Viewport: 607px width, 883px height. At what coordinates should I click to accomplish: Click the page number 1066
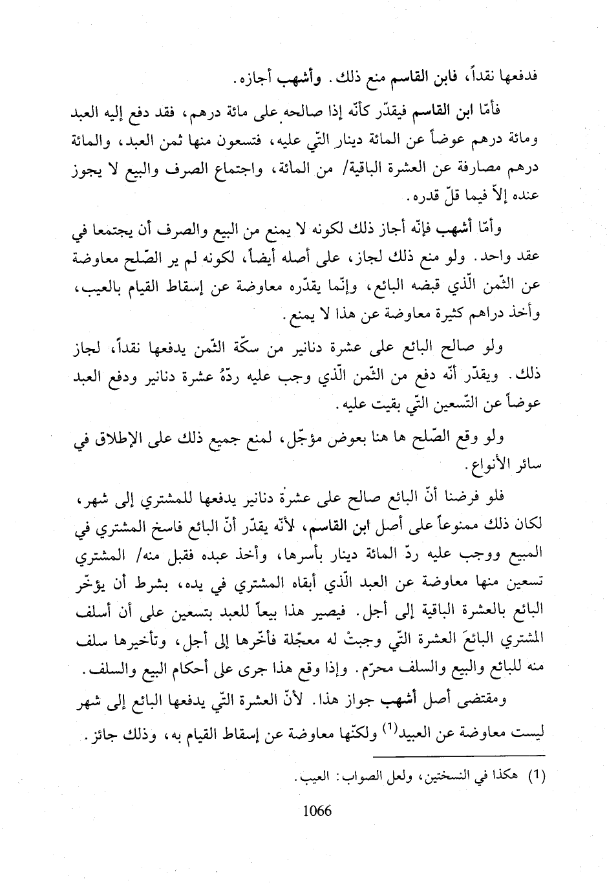point(317,811)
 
